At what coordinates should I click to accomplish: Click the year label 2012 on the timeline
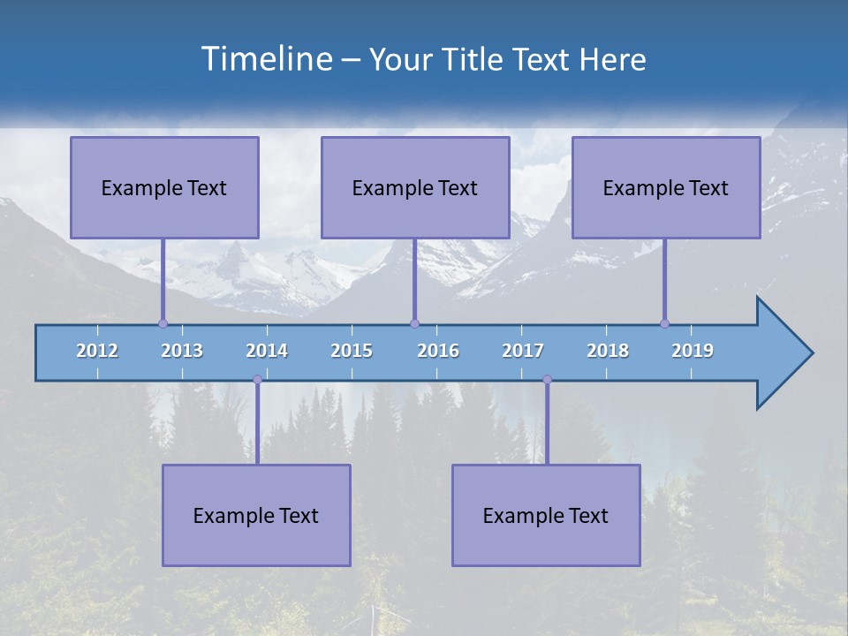pyautogui.click(x=97, y=351)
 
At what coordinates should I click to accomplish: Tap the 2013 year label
pyautogui.click(x=182, y=351)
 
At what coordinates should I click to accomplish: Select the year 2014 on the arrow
pyautogui.click(x=267, y=351)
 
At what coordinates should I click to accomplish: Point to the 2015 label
pyautogui.click(x=352, y=351)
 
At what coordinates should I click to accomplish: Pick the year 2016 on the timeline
pyautogui.click(x=438, y=351)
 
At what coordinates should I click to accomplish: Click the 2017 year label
pyautogui.click(x=523, y=351)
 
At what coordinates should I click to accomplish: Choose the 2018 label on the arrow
pyautogui.click(x=608, y=351)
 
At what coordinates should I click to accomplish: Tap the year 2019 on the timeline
pyautogui.click(x=693, y=351)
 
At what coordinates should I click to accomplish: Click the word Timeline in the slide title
pyautogui.click(x=265, y=59)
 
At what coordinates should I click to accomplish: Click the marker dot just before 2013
pyautogui.click(x=163, y=323)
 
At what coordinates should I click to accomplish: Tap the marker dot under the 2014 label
pyautogui.click(x=257, y=380)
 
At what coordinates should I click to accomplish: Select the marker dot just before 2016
pyautogui.click(x=414, y=323)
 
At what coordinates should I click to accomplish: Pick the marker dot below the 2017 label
pyautogui.click(x=547, y=380)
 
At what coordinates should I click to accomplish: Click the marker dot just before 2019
pyautogui.click(x=664, y=323)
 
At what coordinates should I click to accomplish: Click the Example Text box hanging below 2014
pyautogui.click(x=256, y=515)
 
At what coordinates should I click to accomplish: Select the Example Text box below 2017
pyautogui.click(x=546, y=515)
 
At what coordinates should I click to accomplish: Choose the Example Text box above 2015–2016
pyautogui.click(x=415, y=187)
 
